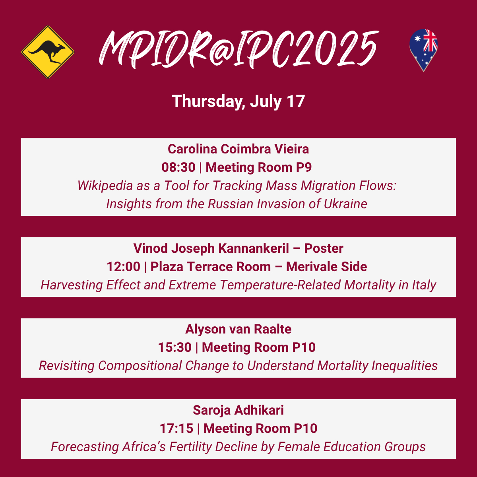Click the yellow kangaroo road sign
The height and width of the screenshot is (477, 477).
coord(48,52)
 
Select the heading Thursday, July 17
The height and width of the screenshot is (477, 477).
coord(238,101)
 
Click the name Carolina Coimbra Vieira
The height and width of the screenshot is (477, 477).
coord(238,149)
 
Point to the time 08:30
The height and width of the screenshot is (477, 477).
coord(178,167)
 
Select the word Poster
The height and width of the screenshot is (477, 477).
coord(324,248)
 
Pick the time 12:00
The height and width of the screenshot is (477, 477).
coord(124,267)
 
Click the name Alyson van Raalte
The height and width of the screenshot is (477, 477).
coord(238,329)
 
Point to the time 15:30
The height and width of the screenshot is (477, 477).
coord(175,347)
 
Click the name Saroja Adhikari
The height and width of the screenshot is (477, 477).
coord(238,410)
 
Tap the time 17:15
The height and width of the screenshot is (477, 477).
coord(176,429)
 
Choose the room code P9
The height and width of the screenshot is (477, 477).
coord(304,167)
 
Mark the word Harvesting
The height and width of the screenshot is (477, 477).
coord(72,285)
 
